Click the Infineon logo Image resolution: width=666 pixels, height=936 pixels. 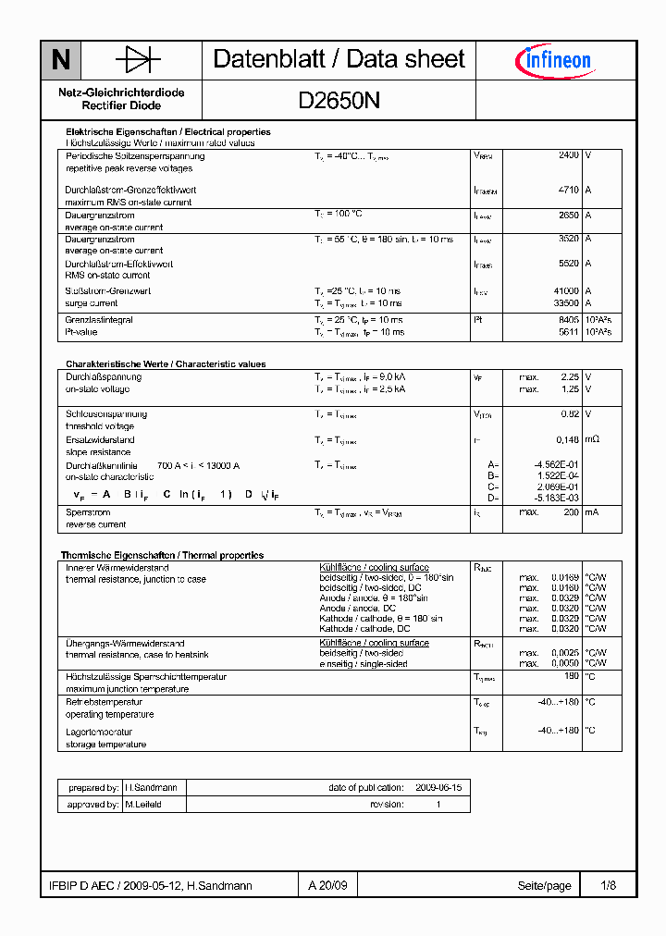point(552,61)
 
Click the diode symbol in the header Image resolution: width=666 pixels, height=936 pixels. point(138,61)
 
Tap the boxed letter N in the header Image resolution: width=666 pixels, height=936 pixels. point(61,61)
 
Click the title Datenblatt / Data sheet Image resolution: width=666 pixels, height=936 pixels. point(339,60)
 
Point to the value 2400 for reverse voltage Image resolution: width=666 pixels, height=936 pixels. point(568,155)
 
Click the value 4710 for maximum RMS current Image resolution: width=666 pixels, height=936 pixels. point(568,190)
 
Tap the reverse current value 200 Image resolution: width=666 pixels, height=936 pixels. point(570,511)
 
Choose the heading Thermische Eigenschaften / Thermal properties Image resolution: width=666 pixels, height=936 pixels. point(162,555)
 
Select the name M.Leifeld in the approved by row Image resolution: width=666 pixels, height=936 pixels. point(143,805)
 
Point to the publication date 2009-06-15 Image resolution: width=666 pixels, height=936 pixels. point(438,787)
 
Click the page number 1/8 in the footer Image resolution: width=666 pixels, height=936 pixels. point(608,885)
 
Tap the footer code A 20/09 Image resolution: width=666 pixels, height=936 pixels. point(328,885)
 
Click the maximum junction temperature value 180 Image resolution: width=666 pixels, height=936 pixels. point(571,676)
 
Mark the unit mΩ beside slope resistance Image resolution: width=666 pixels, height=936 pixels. point(592,440)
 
